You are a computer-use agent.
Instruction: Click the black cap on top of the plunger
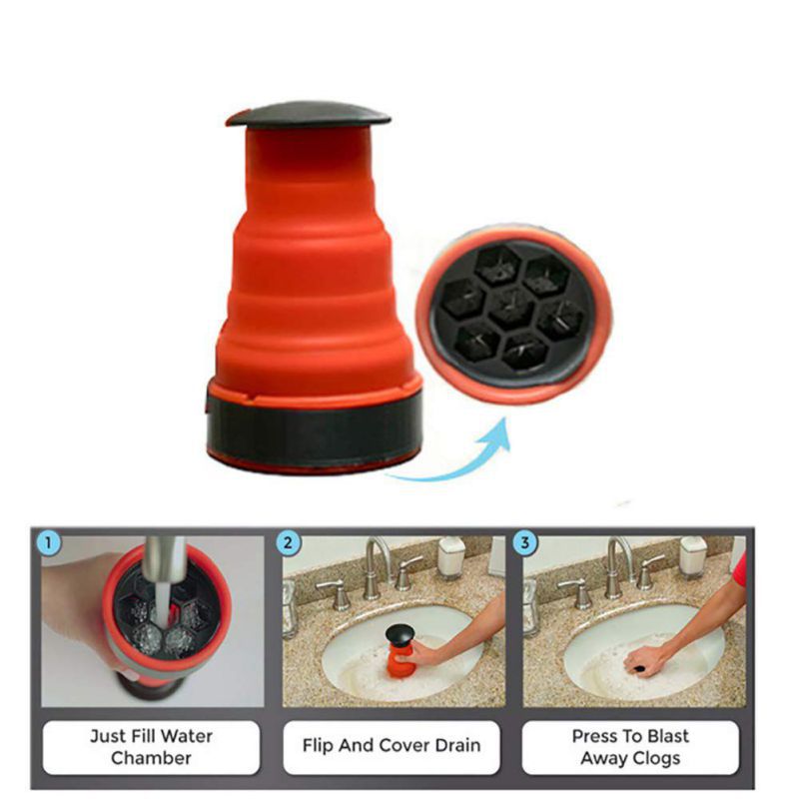[308, 115]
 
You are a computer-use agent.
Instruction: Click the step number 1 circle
[48, 542]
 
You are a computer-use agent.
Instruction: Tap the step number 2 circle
[288, 542]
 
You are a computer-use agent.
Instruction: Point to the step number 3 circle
[525, 542]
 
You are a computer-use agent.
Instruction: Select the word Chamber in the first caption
[152, 758]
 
